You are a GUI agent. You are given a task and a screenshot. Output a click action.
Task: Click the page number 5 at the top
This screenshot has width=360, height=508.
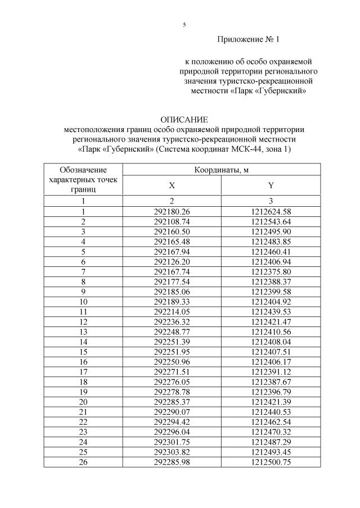(x=184, y=25)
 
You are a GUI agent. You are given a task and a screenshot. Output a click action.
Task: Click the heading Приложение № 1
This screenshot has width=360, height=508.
(x=247, y=40)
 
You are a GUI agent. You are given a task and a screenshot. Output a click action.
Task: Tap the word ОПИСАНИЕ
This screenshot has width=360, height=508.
(x=184, y=120)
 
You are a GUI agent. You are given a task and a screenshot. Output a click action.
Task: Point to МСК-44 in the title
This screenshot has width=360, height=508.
(x=253, y=148)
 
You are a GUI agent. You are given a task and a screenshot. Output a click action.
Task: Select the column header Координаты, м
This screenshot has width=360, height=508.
(x=222, y=170)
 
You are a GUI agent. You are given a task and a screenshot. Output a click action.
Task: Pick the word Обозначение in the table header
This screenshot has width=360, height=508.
(x=83, y=169)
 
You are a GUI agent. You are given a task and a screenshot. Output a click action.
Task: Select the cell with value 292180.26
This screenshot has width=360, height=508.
(x=172, y=211)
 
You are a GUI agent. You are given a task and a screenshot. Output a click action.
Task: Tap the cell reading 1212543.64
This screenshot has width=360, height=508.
(x=271, y=221)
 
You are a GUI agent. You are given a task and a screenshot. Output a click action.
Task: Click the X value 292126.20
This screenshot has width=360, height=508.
(x=172, y=262)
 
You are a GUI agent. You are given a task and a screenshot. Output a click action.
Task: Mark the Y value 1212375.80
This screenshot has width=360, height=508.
(x=271, y=271)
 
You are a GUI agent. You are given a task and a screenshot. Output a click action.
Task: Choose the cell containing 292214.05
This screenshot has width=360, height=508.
(x=172, y=311)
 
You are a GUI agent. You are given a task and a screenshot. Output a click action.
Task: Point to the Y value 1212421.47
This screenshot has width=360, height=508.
(x=271, y=321)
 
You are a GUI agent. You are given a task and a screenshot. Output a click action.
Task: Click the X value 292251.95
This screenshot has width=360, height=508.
(x=172, y=352)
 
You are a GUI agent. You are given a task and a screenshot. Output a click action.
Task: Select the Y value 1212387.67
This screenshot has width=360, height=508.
(x=271, y=382)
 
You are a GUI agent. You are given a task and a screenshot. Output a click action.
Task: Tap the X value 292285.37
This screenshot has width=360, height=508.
(x=172, y=402)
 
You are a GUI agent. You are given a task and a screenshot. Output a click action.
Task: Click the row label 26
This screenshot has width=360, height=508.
(x=83, y=462)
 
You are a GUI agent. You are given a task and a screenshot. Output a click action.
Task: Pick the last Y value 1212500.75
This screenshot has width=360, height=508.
(x=271, y=462)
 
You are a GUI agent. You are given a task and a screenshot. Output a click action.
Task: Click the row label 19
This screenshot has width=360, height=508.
(x=83, y=392)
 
